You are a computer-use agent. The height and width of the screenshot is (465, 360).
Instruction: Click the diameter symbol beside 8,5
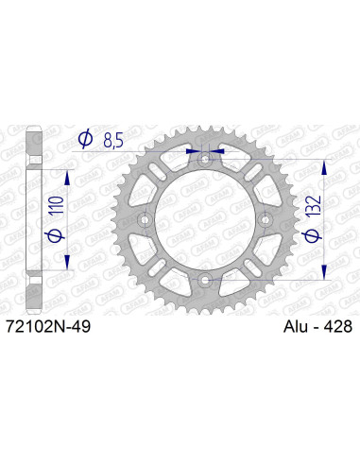point(85,140)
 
